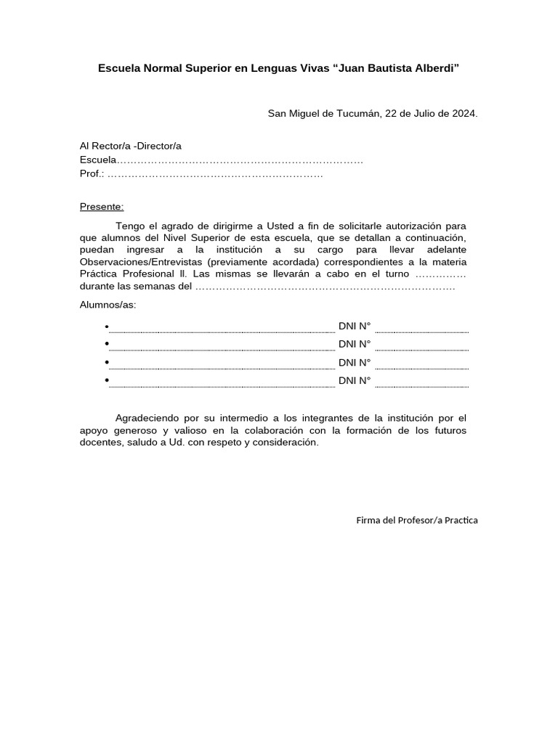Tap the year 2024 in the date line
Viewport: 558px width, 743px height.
pyautogui.click(x=463, y=114)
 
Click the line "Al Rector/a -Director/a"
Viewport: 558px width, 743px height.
pyautogui.click(x=130, y=146)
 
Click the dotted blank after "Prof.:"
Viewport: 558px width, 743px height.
pyautogui.click(x=215, y=174)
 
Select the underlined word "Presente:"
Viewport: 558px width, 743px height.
pyautogui.click(x=102, y=207)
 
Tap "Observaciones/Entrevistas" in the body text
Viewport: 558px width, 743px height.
pyautogui.click(x=141, y=262)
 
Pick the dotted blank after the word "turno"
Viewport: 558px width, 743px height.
pyautogui.click(x=440, y=274)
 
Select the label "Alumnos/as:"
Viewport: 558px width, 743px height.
pyautogui.click(x=108, y=305)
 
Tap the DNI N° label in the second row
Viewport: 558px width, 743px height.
pyautogui.click(x=355, y=344)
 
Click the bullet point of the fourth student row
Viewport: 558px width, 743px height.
pyautogui.click(x=107, y=380)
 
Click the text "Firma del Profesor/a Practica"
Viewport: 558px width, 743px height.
pyautogui.click(x=417, y=520)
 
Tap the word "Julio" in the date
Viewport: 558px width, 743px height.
pyautogui.click(x=424, y=114)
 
